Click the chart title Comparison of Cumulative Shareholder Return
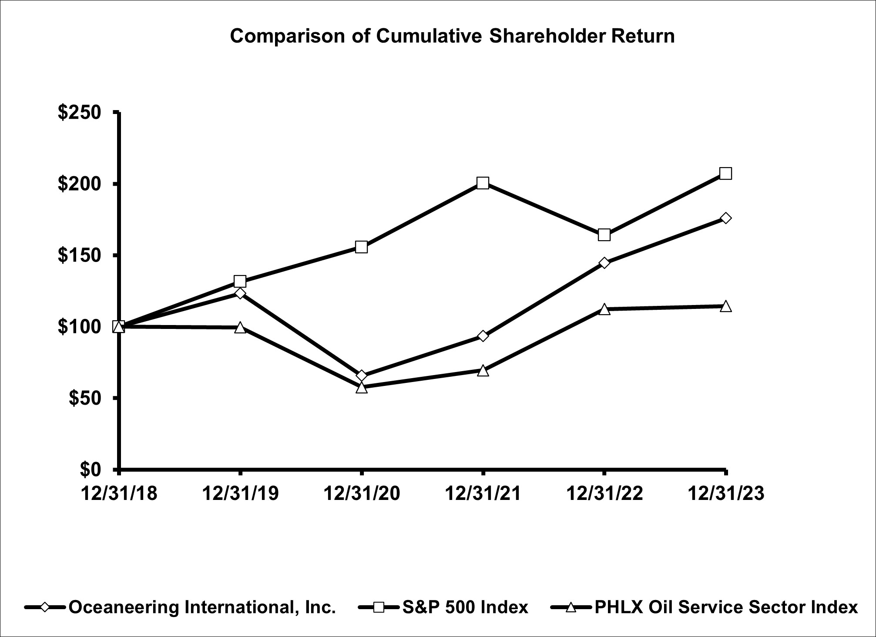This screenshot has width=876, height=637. pos(452,36)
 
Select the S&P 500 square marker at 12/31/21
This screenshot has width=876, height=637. pos(483,183)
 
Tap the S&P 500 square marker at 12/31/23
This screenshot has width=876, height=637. pos(725,173)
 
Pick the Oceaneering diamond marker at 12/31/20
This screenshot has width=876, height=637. pos(361,375)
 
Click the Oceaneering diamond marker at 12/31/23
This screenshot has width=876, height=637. pos(725,218)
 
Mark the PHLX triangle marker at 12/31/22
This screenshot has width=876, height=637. pos(604,309)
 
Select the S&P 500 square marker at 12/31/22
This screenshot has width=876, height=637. pos(604,235)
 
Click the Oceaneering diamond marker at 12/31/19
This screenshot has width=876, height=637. pos(240,293)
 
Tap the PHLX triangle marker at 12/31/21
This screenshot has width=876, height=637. pos(483,371)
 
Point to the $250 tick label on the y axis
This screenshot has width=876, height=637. pos(79,113)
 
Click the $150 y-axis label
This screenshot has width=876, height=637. pos(79,255)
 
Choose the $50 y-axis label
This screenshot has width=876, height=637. pos(85,398)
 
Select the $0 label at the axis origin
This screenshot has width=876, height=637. pos(91,469)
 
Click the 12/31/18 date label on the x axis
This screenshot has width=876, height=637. pos(119,494)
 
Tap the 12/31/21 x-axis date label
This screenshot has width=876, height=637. pos(483,494)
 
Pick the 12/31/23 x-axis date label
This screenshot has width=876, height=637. pos(725,494)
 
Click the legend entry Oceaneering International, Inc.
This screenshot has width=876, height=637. pos(202,607)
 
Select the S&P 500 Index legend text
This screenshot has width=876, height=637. pos(465,607)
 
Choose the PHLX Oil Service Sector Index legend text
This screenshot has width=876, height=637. pos(726,607)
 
